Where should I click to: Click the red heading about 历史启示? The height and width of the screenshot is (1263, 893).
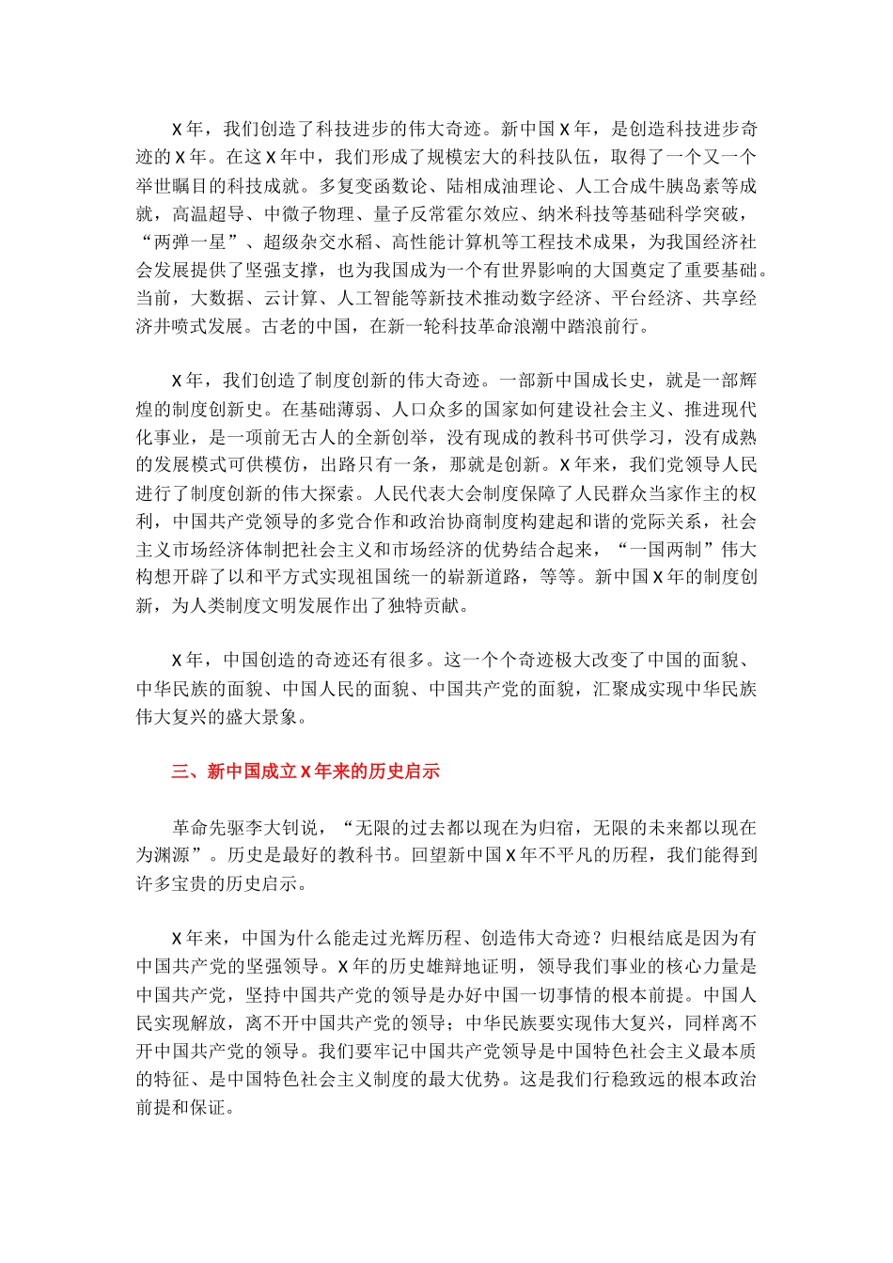305,772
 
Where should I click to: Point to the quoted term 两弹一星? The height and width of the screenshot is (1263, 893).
186,242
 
